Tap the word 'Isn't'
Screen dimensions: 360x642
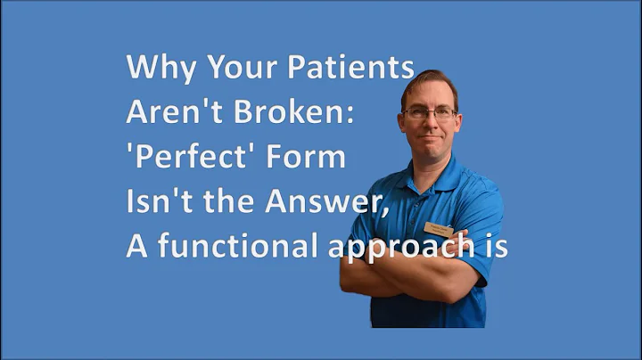click(x=159, y=201)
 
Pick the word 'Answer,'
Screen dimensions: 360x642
click(x=318, y=201)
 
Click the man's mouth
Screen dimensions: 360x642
click(x=429, y=140)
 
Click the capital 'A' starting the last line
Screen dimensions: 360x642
click(x=136, y=246)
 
